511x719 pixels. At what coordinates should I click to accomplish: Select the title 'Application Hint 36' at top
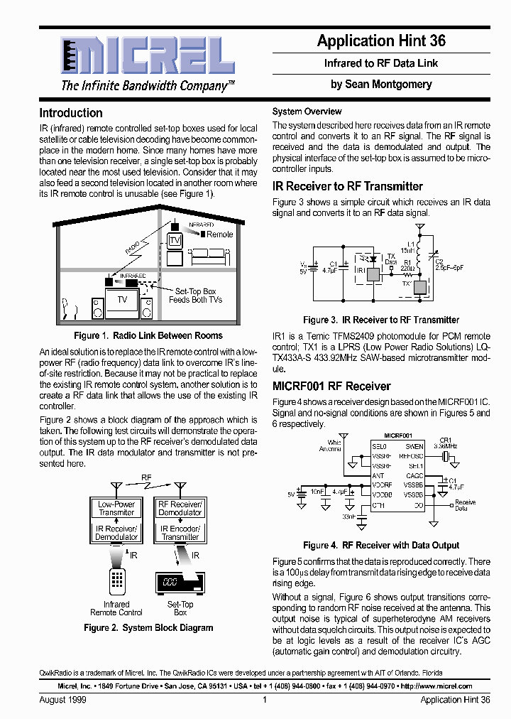381,41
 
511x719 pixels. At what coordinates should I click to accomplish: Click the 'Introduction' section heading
71,113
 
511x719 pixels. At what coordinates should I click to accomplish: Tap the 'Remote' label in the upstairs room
219,234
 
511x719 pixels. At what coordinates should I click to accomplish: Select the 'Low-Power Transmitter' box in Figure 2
116,508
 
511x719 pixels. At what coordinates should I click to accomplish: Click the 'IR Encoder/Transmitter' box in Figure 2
180,532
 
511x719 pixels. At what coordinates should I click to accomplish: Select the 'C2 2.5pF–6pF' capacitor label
448,265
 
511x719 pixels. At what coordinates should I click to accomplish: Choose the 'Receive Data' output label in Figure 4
465,505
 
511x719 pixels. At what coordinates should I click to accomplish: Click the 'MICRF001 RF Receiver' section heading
331,386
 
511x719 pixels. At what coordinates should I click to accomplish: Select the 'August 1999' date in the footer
62,700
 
